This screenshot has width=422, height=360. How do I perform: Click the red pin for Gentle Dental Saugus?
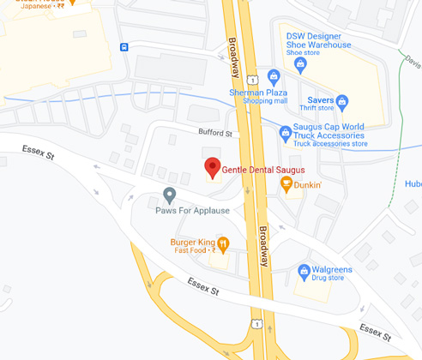tap(213, 167)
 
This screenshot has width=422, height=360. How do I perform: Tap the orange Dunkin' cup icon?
tap(286, 184)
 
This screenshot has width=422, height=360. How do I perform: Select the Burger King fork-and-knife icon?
tap(223, 244)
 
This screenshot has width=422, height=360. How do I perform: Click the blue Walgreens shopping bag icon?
tap(303, 273)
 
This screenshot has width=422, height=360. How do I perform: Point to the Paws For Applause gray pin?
tap(170, 195)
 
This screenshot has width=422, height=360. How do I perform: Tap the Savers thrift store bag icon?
tap(342, 101)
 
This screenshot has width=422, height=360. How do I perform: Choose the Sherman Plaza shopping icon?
tap(274, 75)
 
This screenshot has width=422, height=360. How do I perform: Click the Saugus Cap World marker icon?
tap(286, 132)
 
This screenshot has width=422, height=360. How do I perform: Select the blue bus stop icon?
tap(125, 46)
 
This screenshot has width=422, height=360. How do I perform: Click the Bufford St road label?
tap(215, 134)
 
